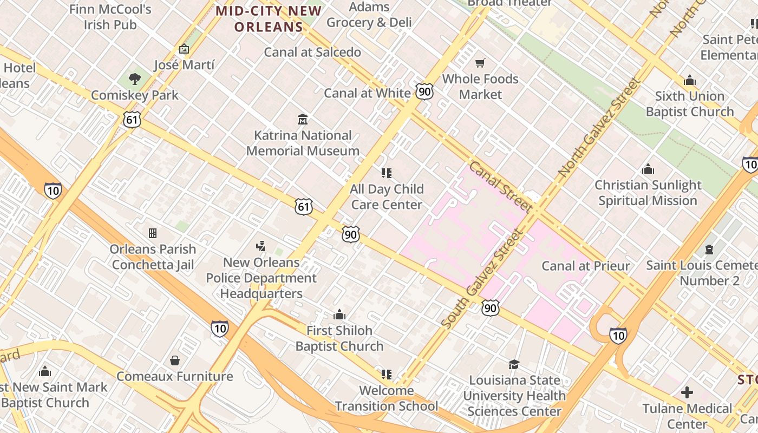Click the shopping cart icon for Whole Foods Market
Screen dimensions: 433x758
click(x=480, y=63)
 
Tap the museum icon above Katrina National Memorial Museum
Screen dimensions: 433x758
click(x=303, y=119)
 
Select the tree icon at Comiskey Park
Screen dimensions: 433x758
click(x=135, y=79)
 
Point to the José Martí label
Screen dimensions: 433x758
click(x=184, y=65)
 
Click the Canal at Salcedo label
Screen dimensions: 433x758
click(x=312, y=52)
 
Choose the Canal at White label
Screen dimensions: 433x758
click(x=367, y=93)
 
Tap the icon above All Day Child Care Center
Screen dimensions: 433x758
click(x=386, y=173)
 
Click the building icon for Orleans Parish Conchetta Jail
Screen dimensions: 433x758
click(x=153, y=233)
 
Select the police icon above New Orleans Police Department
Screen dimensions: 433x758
click(x=261, y=246)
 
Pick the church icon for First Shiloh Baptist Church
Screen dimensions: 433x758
click(x=339, y=314)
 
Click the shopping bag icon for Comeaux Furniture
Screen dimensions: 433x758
click(x=175, y=360)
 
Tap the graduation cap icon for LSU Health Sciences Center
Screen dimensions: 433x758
click(x=514, y=364)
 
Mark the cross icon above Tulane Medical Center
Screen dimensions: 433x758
click(x=687, y=392)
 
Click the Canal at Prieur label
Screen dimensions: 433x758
click(x=586, y=266)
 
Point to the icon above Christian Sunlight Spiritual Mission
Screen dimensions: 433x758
click(x=648, y=169)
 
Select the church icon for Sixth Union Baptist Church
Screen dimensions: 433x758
click(x=689, y=81)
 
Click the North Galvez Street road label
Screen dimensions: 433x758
click(x=599, y=129)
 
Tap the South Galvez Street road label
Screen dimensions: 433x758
click(x=482, y=279)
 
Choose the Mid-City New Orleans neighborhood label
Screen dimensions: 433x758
click(x=269, y=18)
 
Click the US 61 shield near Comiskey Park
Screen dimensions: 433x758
click(x=132, y=120)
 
